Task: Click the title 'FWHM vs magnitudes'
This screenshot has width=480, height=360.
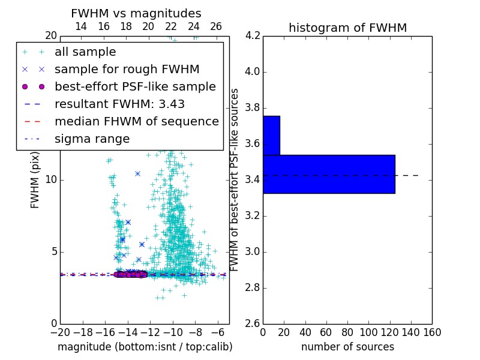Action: tap(136, 13)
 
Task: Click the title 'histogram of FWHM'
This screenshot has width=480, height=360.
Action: tap(347, 28)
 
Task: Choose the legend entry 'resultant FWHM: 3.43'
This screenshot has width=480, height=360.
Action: tap(119, 104)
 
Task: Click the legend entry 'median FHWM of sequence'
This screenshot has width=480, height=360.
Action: tap(136, 121)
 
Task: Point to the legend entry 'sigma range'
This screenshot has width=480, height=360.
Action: tap(92, 139)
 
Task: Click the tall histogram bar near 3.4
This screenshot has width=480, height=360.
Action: tap(329, 174)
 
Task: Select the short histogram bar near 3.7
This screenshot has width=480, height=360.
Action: tap(271, 135)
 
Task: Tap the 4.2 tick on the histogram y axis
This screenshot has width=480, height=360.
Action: tap(252, 36)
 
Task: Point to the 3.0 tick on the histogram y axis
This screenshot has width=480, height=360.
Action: tap(252, 251)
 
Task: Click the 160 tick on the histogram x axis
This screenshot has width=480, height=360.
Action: tap(431, 332)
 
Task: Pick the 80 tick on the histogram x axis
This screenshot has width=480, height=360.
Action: tap(347, 332)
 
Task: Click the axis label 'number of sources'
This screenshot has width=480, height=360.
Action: tap(347, 347)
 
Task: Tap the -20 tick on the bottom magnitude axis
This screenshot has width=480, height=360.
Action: tap(60, 332)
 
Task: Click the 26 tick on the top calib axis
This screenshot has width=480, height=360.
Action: tap(216, 26)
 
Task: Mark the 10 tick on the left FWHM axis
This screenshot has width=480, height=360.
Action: tap(50, 180)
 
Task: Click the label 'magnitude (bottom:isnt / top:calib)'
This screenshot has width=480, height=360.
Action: tap(145, 347)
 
